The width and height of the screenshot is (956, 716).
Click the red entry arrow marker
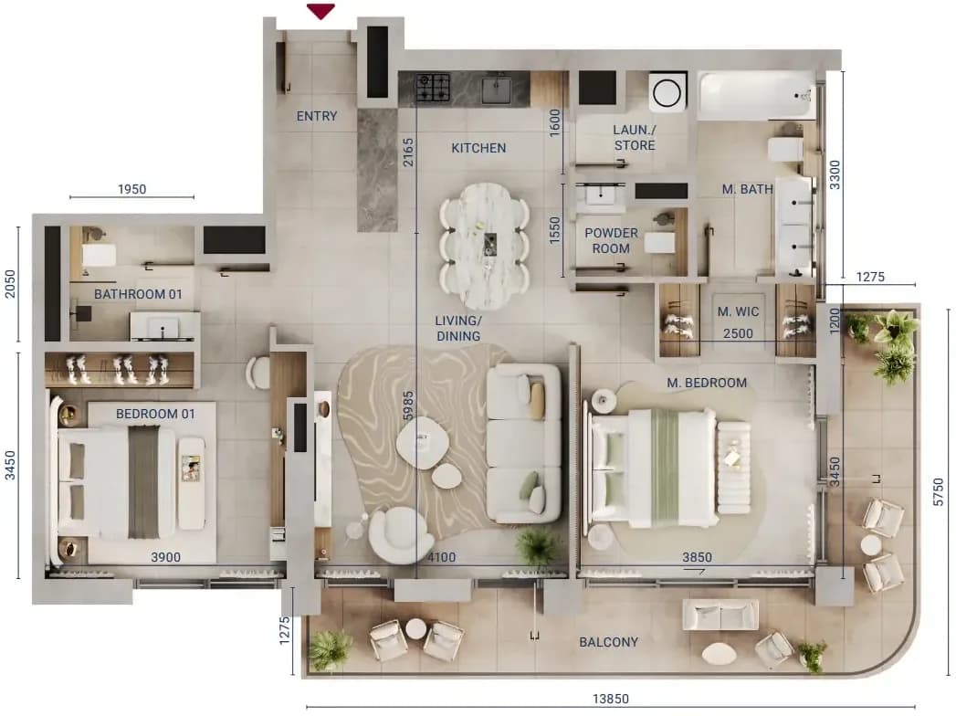click(x=320, y=11)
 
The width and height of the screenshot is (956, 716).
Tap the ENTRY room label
click(x=317, y=116)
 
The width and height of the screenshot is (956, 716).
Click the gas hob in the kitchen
click(x=433, y=88)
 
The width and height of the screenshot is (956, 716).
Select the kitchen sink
click(x=497, y=89)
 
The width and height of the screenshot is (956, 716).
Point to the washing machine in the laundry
click(x=667, y=93)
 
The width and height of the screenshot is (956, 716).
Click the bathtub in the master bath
click(x=757, y=97)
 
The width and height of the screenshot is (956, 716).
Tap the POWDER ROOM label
click(x=611, y=240)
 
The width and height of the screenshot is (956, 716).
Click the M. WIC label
click(x=738, y=311)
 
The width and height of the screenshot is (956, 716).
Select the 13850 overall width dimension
click(x=610, y=699)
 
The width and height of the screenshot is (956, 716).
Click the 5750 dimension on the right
click(x=939, y=492)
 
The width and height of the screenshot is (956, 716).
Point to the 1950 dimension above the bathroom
click(x=131, y=189)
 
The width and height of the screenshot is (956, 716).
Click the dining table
click(x=485, y=245)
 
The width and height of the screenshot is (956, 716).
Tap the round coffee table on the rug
click(x=423, y=441)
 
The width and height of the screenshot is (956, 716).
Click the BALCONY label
click(x=608, y=642)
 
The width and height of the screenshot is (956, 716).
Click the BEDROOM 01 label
click(x=155, y=414)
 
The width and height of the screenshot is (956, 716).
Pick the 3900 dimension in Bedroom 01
click(x=166, y=557)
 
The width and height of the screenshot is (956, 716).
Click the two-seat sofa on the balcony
click(x=720, y=614)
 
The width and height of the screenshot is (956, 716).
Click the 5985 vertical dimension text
click(x=408, y=405)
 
